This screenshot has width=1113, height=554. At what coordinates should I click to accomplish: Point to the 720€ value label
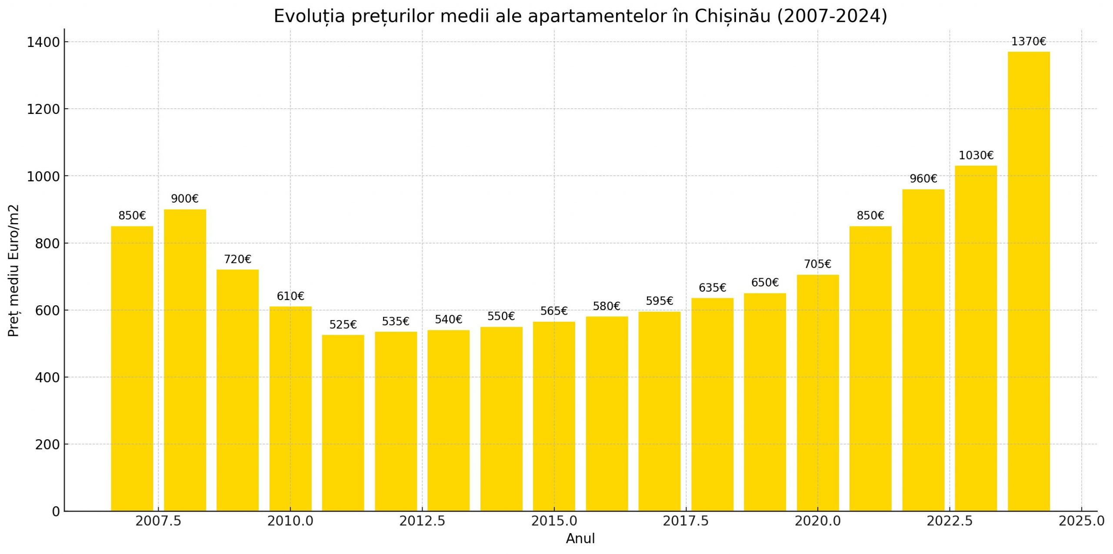237,260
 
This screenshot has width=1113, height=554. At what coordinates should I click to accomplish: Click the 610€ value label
290,297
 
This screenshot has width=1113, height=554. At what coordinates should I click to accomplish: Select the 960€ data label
923,179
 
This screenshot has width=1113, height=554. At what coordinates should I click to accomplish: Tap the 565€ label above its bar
554,311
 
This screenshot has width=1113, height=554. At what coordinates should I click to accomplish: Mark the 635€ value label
712,288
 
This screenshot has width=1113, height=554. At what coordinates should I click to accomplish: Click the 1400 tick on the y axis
43,42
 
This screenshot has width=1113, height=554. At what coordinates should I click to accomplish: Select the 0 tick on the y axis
56,512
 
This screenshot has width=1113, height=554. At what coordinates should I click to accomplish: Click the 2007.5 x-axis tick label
158,521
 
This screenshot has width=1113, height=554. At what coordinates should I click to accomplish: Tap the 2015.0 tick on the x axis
554,521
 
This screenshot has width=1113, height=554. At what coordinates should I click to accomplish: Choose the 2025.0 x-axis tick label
1081,521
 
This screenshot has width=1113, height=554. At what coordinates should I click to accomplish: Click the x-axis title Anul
580,539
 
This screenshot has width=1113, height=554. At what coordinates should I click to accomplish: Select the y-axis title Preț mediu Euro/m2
14,270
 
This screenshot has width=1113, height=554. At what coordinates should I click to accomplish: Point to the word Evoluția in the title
309,17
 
